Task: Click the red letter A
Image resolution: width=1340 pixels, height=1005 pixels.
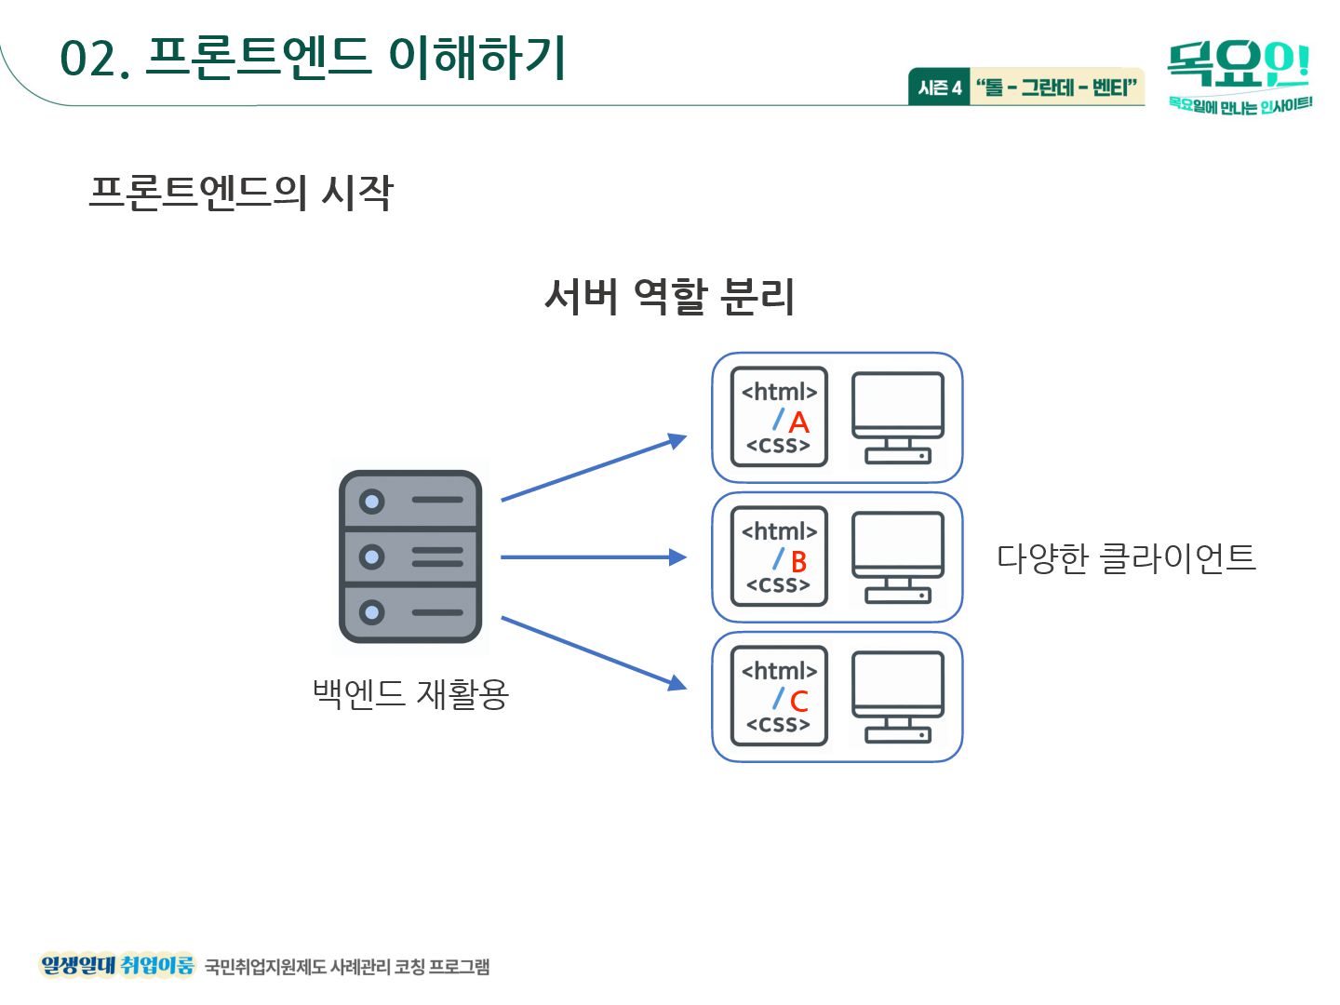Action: click(x=798, y=422)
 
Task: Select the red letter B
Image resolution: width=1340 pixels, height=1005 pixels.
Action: click(x=798, y=562)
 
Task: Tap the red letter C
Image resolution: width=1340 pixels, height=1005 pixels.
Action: click(x=798, y=702)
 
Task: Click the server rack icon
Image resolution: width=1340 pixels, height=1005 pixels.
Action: click(x=410, y=556)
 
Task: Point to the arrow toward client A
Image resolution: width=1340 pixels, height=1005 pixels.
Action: click(x=593, y=468)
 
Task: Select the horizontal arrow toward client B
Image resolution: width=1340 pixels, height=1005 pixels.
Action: click(x=593, y=557)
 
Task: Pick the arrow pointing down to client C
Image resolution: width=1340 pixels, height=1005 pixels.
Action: click(x=593, y=652)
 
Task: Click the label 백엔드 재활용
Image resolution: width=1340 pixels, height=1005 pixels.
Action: click(x=410, y=694)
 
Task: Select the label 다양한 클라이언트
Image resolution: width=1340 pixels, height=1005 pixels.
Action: click(x=1126, y=558)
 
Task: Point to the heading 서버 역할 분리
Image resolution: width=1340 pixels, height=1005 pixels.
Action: click(x=669, y=297)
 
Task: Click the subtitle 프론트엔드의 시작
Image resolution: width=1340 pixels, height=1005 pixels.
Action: click(x=241, y=193)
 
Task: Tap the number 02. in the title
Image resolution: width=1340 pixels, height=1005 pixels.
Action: click(x=94, y=60)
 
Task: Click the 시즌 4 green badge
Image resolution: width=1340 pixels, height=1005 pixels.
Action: click(x=939, y=87)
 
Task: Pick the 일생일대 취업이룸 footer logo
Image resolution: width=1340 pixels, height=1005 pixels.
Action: click(x=117, y=965)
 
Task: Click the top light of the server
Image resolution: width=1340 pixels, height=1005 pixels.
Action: click(x=372, y=502)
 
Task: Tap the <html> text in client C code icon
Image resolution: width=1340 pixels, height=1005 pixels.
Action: click(x=779, y=671)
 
